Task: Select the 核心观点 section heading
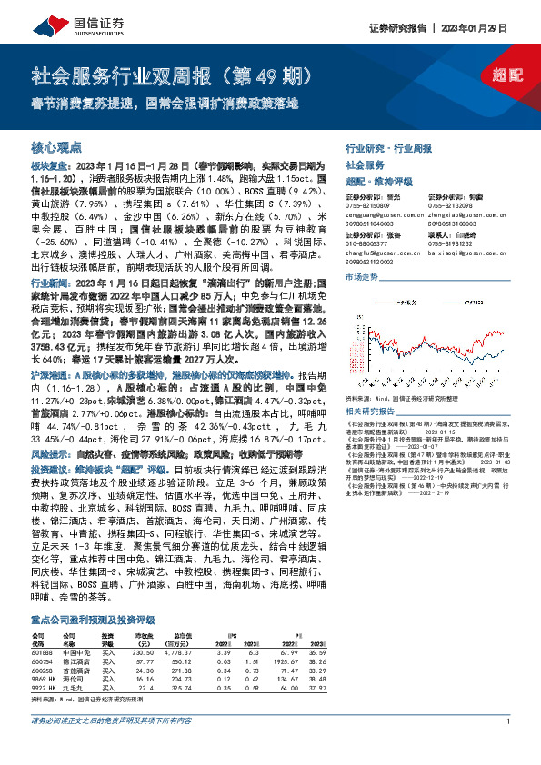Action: coord(56,146)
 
